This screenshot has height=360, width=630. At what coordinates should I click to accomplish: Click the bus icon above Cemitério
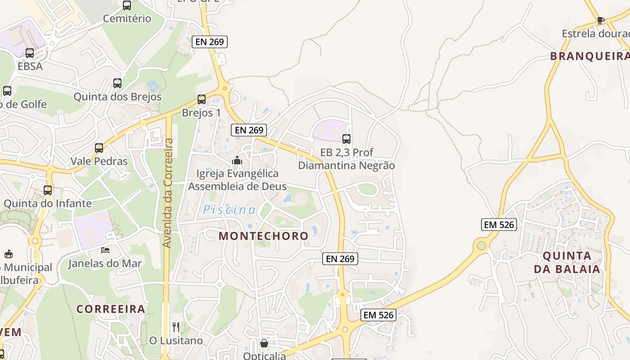[127, 5]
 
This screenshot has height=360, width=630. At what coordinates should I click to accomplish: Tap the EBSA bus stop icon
[30, 53]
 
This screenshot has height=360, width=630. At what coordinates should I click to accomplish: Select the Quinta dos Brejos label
[117, 97]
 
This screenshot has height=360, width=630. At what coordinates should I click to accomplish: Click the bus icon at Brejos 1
[202, 99]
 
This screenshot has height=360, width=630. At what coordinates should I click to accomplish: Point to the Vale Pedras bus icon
[99, 148]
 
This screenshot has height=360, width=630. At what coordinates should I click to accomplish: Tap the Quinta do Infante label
[48, 203]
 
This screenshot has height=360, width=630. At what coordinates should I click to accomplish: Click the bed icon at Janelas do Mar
[105, 250]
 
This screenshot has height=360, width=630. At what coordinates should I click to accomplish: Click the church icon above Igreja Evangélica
[237, 160]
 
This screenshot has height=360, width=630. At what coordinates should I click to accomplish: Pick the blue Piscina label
[229, 210]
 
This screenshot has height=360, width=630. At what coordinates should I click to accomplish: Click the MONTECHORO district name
[264, 236]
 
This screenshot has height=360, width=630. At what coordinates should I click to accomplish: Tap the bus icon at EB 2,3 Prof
[346, 139]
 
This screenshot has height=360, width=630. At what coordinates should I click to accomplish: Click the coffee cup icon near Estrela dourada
[600, 20]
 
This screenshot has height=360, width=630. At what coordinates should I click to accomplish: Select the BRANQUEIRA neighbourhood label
[589, 56]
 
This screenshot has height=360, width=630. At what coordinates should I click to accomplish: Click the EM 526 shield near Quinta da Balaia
[499, 225]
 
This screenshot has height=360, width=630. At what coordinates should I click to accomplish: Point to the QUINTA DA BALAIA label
[567, 262]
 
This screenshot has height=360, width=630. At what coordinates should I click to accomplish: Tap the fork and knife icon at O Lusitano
[176, 327]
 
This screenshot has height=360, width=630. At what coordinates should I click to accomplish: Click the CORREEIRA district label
[111, 309]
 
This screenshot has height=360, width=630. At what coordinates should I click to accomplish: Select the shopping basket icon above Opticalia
[264, 343]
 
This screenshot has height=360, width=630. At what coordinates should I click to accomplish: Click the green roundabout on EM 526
[481, 246]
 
